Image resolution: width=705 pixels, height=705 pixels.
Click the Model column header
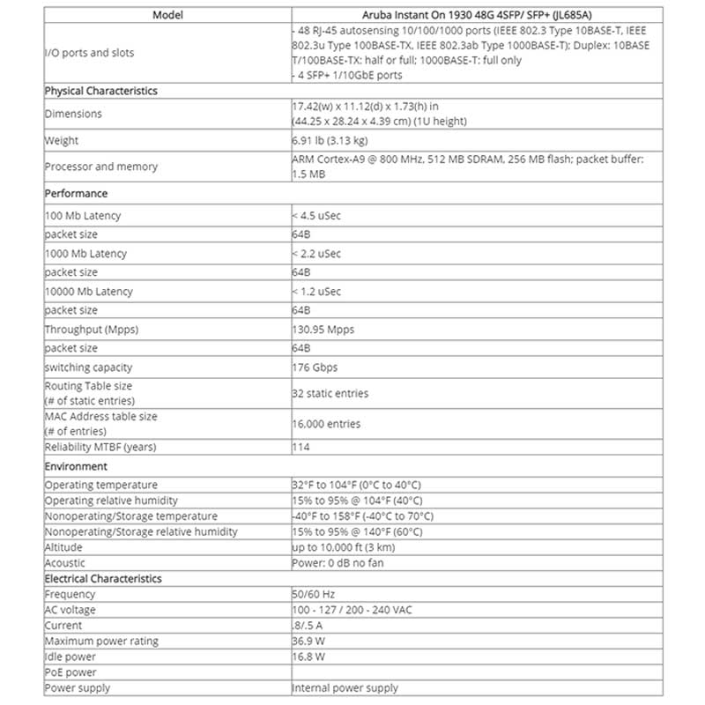[x=167, y=15]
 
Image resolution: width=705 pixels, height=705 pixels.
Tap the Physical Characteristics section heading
[x=101, y=91]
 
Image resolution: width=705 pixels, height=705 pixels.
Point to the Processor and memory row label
[x=101, y=167]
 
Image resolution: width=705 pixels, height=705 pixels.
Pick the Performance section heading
[x=77, y=193]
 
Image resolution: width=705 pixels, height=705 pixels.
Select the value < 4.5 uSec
[x=316, y=216]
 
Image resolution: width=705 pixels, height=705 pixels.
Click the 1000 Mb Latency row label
[x=86, y=254]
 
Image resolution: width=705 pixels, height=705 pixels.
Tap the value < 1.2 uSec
[x=316, y=292]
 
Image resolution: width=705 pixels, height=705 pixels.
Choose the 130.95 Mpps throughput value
[x=323, y=330]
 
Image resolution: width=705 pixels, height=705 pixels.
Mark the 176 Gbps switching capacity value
[x=315, y=367]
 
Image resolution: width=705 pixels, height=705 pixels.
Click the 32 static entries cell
[x=330, y=393]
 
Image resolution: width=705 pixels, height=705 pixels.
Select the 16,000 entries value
[x=327, y=424]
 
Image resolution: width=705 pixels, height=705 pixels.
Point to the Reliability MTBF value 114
[x=301, y=447]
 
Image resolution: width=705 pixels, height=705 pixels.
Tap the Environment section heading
[x=77, y=466]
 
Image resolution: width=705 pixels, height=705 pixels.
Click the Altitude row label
[x=64, y=547]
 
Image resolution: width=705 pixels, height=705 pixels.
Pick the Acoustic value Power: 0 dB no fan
[x=338, y=562]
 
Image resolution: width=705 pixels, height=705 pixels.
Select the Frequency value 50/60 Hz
[x=314, y=595]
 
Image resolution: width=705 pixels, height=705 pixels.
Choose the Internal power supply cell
[x=345, y=687]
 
